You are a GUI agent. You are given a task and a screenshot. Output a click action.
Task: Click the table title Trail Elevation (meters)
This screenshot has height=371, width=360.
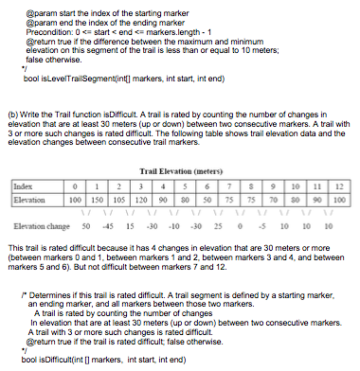pyautogui.click(x=189, y=170)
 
